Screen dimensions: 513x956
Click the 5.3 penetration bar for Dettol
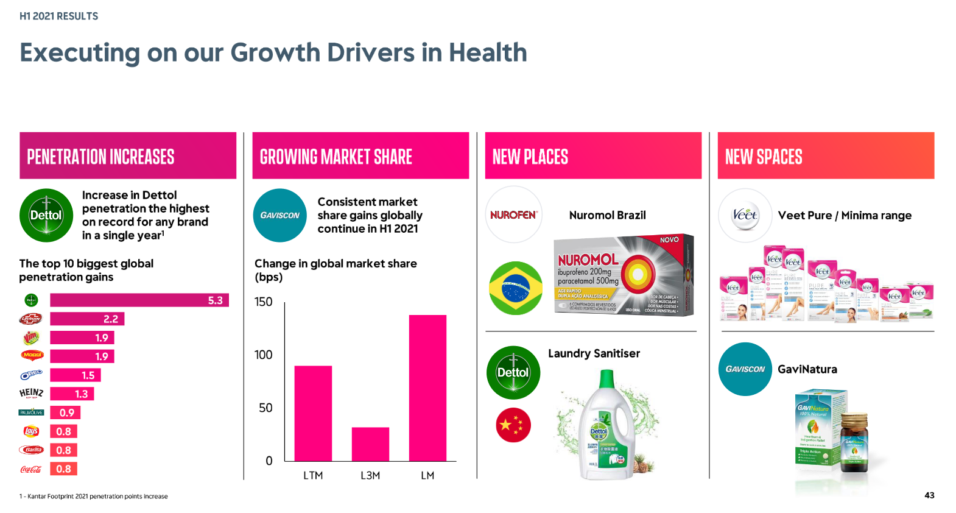click(139, 300)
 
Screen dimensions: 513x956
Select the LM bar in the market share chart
click(427, 387)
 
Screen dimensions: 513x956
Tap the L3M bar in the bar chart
click(370, 444)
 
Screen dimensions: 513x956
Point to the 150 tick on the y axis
click(264, 302)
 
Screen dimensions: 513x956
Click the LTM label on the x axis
click(313, 475)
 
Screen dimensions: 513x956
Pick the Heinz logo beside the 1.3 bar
click(31, 394)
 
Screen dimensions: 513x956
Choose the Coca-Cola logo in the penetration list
click(31, 469)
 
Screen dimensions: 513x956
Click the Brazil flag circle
click(515, 288)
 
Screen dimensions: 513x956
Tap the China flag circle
click(513, 425)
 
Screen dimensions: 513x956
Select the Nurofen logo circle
click(514, 215)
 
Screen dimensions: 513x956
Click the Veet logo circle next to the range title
click(745, 215)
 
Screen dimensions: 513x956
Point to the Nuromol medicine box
click(623, 275)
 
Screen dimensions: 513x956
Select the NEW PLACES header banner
click(593, 156)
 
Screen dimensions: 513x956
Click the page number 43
click(929, 495)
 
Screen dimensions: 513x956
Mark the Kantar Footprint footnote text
click(94, 497)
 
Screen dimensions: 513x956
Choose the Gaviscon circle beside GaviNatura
click(745, 369)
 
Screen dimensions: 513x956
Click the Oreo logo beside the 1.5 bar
click(31, 375)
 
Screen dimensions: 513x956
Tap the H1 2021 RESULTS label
click(59, 16)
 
